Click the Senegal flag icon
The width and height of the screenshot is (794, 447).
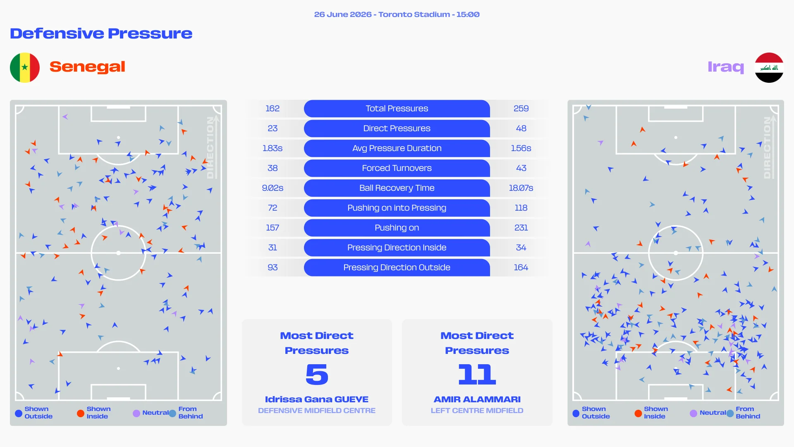point(25,67)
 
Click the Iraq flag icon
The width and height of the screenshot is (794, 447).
point(769,67)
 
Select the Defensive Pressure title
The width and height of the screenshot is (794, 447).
point(101,33)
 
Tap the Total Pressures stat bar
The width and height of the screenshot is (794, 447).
point(397,108)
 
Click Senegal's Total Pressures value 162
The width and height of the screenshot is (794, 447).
point(273,108)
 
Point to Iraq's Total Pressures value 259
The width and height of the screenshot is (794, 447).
point(521,108)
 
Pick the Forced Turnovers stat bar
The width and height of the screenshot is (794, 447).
point(397,168)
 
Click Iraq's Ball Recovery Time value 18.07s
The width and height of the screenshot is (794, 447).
point(521,188)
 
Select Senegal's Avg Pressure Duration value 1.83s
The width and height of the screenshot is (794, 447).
point(273,148)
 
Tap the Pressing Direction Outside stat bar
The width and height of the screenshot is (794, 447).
point(397,267)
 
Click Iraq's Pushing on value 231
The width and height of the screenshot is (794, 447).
point(521,228)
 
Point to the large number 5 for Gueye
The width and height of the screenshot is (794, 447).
point(317,374)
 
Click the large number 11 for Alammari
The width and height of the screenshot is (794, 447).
point(477,374)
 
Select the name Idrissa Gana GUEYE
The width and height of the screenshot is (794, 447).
point(317,399)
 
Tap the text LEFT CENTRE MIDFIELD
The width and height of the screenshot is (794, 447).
point(477,411)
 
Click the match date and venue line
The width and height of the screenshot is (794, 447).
point(397,14)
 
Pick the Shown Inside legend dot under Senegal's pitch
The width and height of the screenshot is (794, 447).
point(81,413)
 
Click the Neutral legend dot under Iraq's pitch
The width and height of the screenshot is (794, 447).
point(694,413)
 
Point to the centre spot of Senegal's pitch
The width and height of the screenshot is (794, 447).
point(118,253)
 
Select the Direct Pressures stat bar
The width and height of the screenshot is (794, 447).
point(397,128)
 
